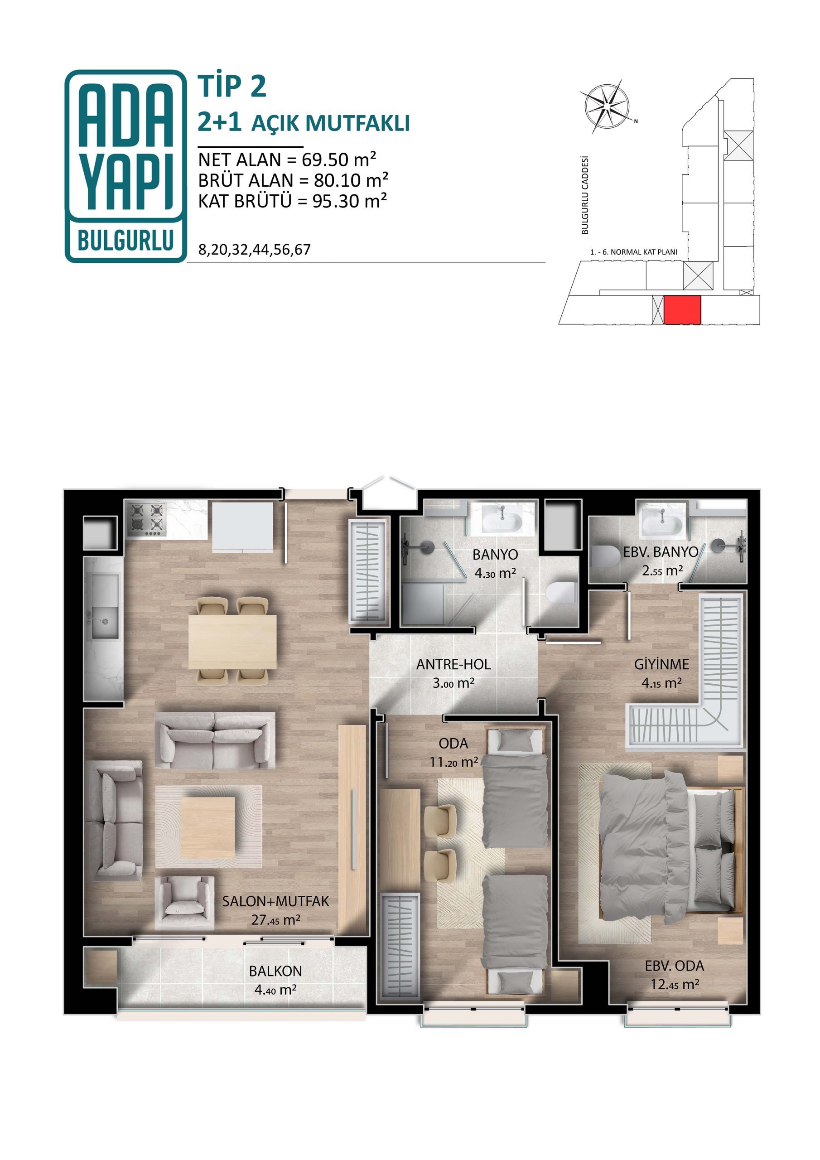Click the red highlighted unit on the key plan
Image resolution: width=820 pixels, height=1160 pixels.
pos(682,309)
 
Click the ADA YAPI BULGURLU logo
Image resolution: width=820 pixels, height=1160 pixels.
pos(126,166)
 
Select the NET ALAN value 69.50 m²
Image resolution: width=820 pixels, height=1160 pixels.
pos(339,159)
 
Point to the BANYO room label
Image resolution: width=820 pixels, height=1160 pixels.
pos(495,554)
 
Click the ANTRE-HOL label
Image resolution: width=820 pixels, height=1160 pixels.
pos(453,664)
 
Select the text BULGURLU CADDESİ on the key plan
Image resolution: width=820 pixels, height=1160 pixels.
pos(585,194)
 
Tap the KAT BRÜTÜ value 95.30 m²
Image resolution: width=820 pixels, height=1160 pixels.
pos(350,201)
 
